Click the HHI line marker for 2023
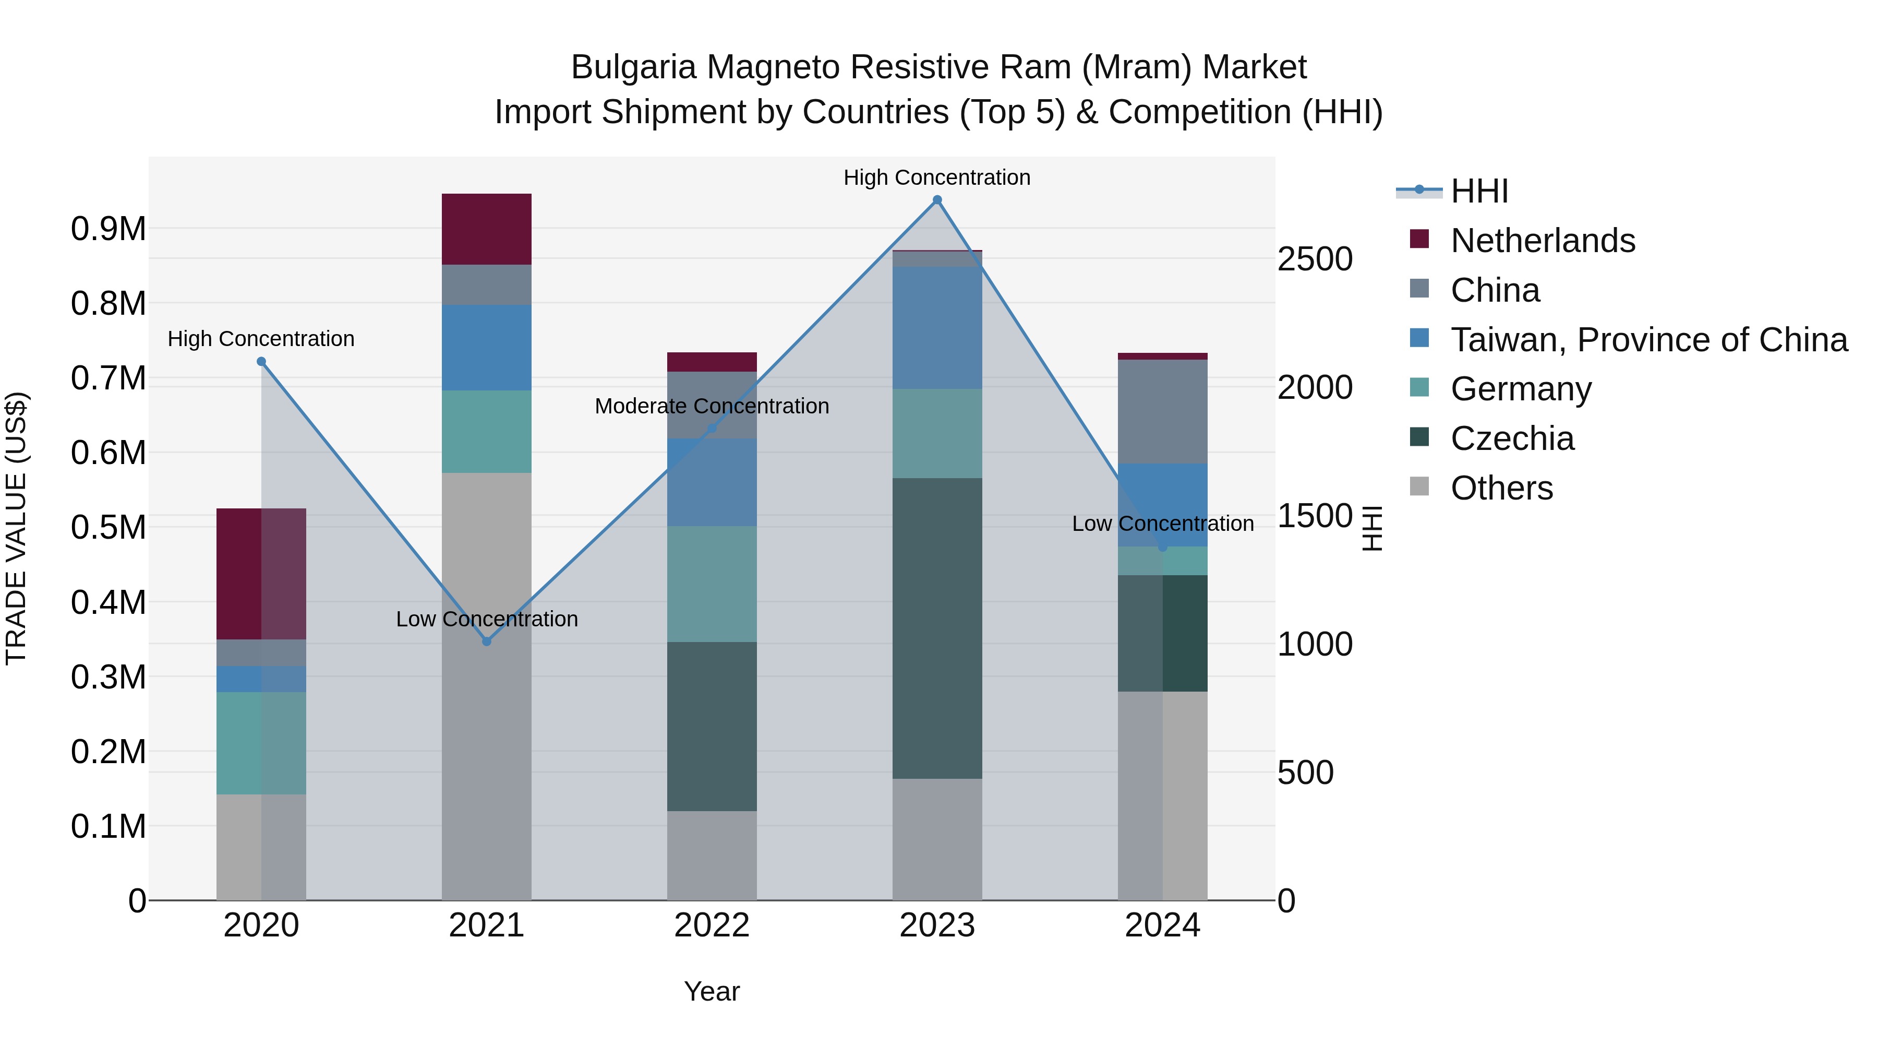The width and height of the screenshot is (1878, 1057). [x=937, y=200]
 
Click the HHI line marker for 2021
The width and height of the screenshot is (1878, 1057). [x=487, y=641]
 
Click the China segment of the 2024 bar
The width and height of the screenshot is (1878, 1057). [x=1162, y=411]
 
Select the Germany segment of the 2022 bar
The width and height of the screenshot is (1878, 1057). [x=712, y=584]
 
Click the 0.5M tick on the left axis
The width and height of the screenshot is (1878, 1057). [x=109, y=527]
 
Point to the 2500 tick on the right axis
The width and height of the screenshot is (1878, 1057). [x=1315, y=259]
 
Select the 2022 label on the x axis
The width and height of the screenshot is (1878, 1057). [x=712, y=925]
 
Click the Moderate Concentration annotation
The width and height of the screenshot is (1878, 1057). [x=712, y=406]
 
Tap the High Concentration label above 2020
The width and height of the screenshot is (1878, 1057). [x=261, y=339]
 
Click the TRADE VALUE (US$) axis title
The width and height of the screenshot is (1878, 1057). [x=16, y=528]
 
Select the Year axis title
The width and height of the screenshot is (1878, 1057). [x=712, y=991]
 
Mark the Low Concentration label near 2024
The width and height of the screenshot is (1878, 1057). [x=1162, y=524]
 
